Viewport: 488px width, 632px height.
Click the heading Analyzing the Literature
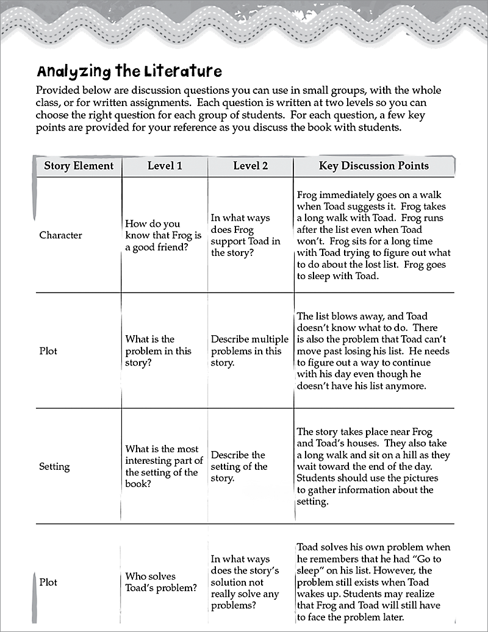(129, 71)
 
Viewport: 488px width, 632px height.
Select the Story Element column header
(79, 166)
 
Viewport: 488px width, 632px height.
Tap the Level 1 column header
(165, 166)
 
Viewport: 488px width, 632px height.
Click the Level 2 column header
(250, 166)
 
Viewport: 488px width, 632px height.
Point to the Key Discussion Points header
(373, 166)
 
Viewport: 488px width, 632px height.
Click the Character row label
(60, 235)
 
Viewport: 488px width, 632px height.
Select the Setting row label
(54, 467)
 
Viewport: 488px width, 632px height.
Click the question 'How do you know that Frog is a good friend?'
(163, 236)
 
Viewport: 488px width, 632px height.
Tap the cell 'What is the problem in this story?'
(158, 351)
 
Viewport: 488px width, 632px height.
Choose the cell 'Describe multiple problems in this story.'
(249, 351)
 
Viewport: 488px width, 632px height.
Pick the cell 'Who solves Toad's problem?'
(161, 582)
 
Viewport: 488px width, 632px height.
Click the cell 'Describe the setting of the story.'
(239, 467)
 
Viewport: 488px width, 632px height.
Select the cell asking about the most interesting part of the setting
(163, 467)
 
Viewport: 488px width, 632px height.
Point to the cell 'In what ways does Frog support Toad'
(245, 235)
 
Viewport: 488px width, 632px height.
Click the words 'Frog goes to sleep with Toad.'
(371, 271)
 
